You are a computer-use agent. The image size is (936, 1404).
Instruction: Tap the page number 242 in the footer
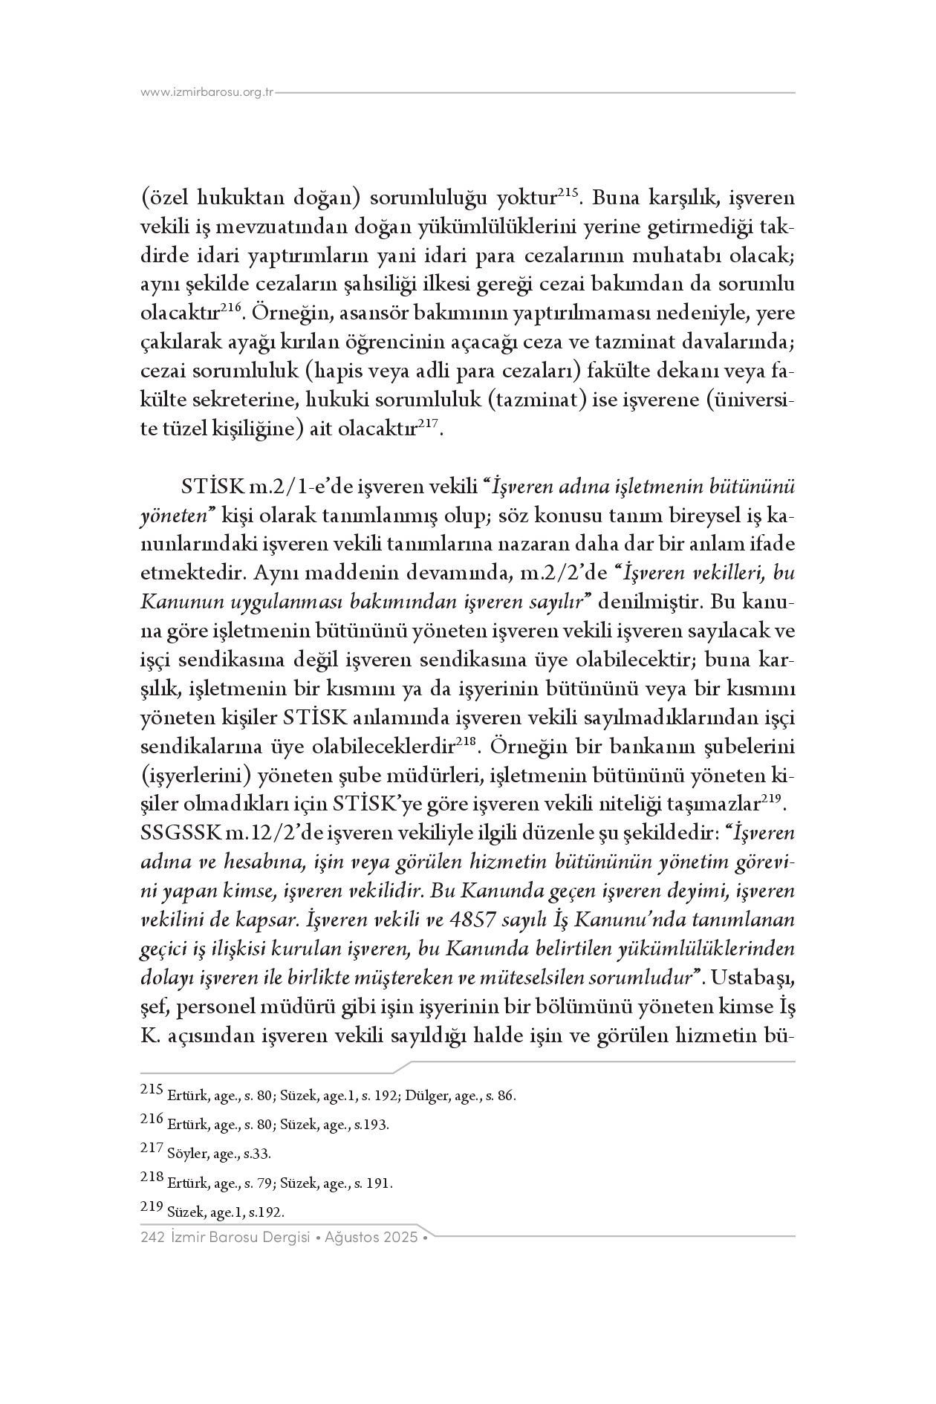tap(152, 1238)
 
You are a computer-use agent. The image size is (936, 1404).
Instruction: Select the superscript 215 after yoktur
tap(568, 193)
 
